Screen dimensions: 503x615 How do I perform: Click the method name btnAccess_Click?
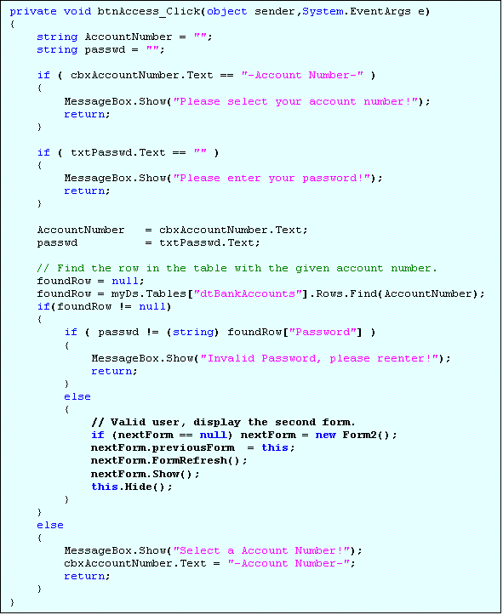(149, 11)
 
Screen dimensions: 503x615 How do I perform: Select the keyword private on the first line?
(33, 12)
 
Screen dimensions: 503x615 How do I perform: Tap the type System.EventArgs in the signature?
(357, 12)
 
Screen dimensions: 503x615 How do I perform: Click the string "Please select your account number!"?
(296, 101)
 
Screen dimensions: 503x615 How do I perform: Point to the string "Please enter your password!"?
(272, 178)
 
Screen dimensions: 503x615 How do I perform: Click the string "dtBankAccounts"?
(248, 293)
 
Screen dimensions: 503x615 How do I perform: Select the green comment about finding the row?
(237, 268)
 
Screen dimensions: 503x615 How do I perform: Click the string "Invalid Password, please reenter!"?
(319, 358)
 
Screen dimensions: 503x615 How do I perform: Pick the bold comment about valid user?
(223, 423)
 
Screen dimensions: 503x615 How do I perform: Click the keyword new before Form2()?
(326, 435)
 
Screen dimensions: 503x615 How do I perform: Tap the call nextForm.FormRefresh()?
(169, 460)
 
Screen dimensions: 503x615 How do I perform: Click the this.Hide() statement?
(132, 487)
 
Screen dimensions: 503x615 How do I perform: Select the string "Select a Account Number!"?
(261, 550)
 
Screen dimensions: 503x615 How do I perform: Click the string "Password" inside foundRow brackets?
(323, 333)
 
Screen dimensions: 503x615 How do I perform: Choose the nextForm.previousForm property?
(163, 448)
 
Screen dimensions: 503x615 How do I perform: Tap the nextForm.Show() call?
(146, 474)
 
